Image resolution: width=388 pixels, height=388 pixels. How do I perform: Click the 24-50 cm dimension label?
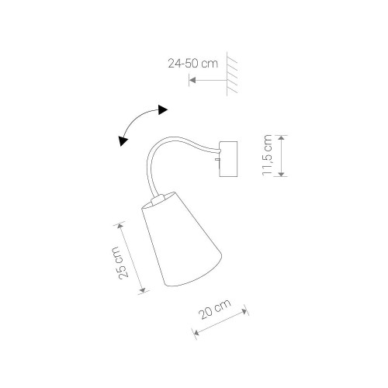193,64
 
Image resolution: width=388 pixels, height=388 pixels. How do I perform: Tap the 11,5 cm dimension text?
268,155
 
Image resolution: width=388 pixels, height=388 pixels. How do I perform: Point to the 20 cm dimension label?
215,310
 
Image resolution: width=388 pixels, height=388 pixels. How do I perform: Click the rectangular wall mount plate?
228,159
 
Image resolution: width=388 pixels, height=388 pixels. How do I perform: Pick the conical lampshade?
182,239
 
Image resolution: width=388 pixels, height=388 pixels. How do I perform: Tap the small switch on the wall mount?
217,159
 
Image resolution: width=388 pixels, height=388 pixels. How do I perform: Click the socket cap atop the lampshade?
158,199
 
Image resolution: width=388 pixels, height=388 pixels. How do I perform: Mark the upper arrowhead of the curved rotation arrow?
163,110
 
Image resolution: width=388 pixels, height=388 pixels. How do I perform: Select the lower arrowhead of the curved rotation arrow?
123,141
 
